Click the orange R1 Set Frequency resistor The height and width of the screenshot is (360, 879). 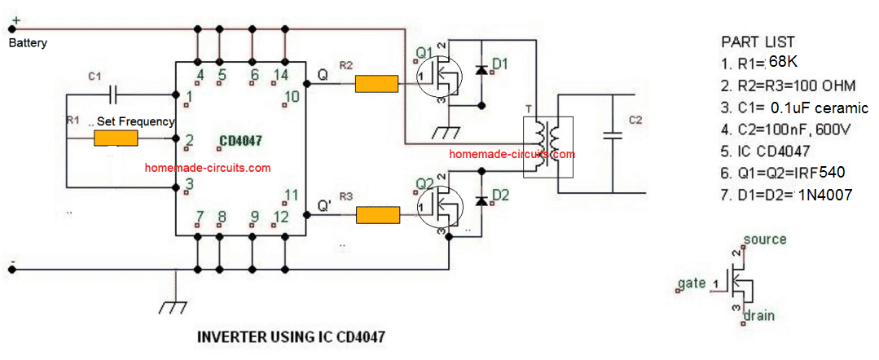[x=116, y=138]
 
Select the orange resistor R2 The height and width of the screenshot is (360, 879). [x=376, y=85]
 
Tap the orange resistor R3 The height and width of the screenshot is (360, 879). [x=378, y=215]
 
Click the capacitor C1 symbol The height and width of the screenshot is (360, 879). [x=114, y=94]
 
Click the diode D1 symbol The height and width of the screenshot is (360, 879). [x=481, y=70]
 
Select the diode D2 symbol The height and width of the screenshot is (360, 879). [x=481, y=200]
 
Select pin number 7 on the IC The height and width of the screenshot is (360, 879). [x=200, y=216]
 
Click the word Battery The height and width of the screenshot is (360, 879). [x=28, y=43]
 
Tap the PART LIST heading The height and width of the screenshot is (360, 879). [x=758, y=42]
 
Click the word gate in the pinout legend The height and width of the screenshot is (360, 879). [x=691, y=284]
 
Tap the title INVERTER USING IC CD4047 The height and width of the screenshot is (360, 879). [x=291, y=338]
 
